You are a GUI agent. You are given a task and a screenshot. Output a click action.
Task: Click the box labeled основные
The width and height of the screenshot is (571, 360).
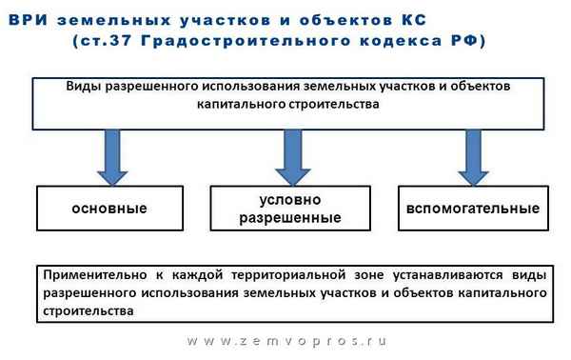point(107,209)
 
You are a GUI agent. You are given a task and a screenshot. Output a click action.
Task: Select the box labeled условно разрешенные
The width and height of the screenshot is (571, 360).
point(287,209)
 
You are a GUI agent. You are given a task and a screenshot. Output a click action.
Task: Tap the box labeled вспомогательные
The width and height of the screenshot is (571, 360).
point(472,209)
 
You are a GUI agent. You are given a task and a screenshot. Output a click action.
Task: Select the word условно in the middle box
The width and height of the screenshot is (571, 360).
point(288,200)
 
